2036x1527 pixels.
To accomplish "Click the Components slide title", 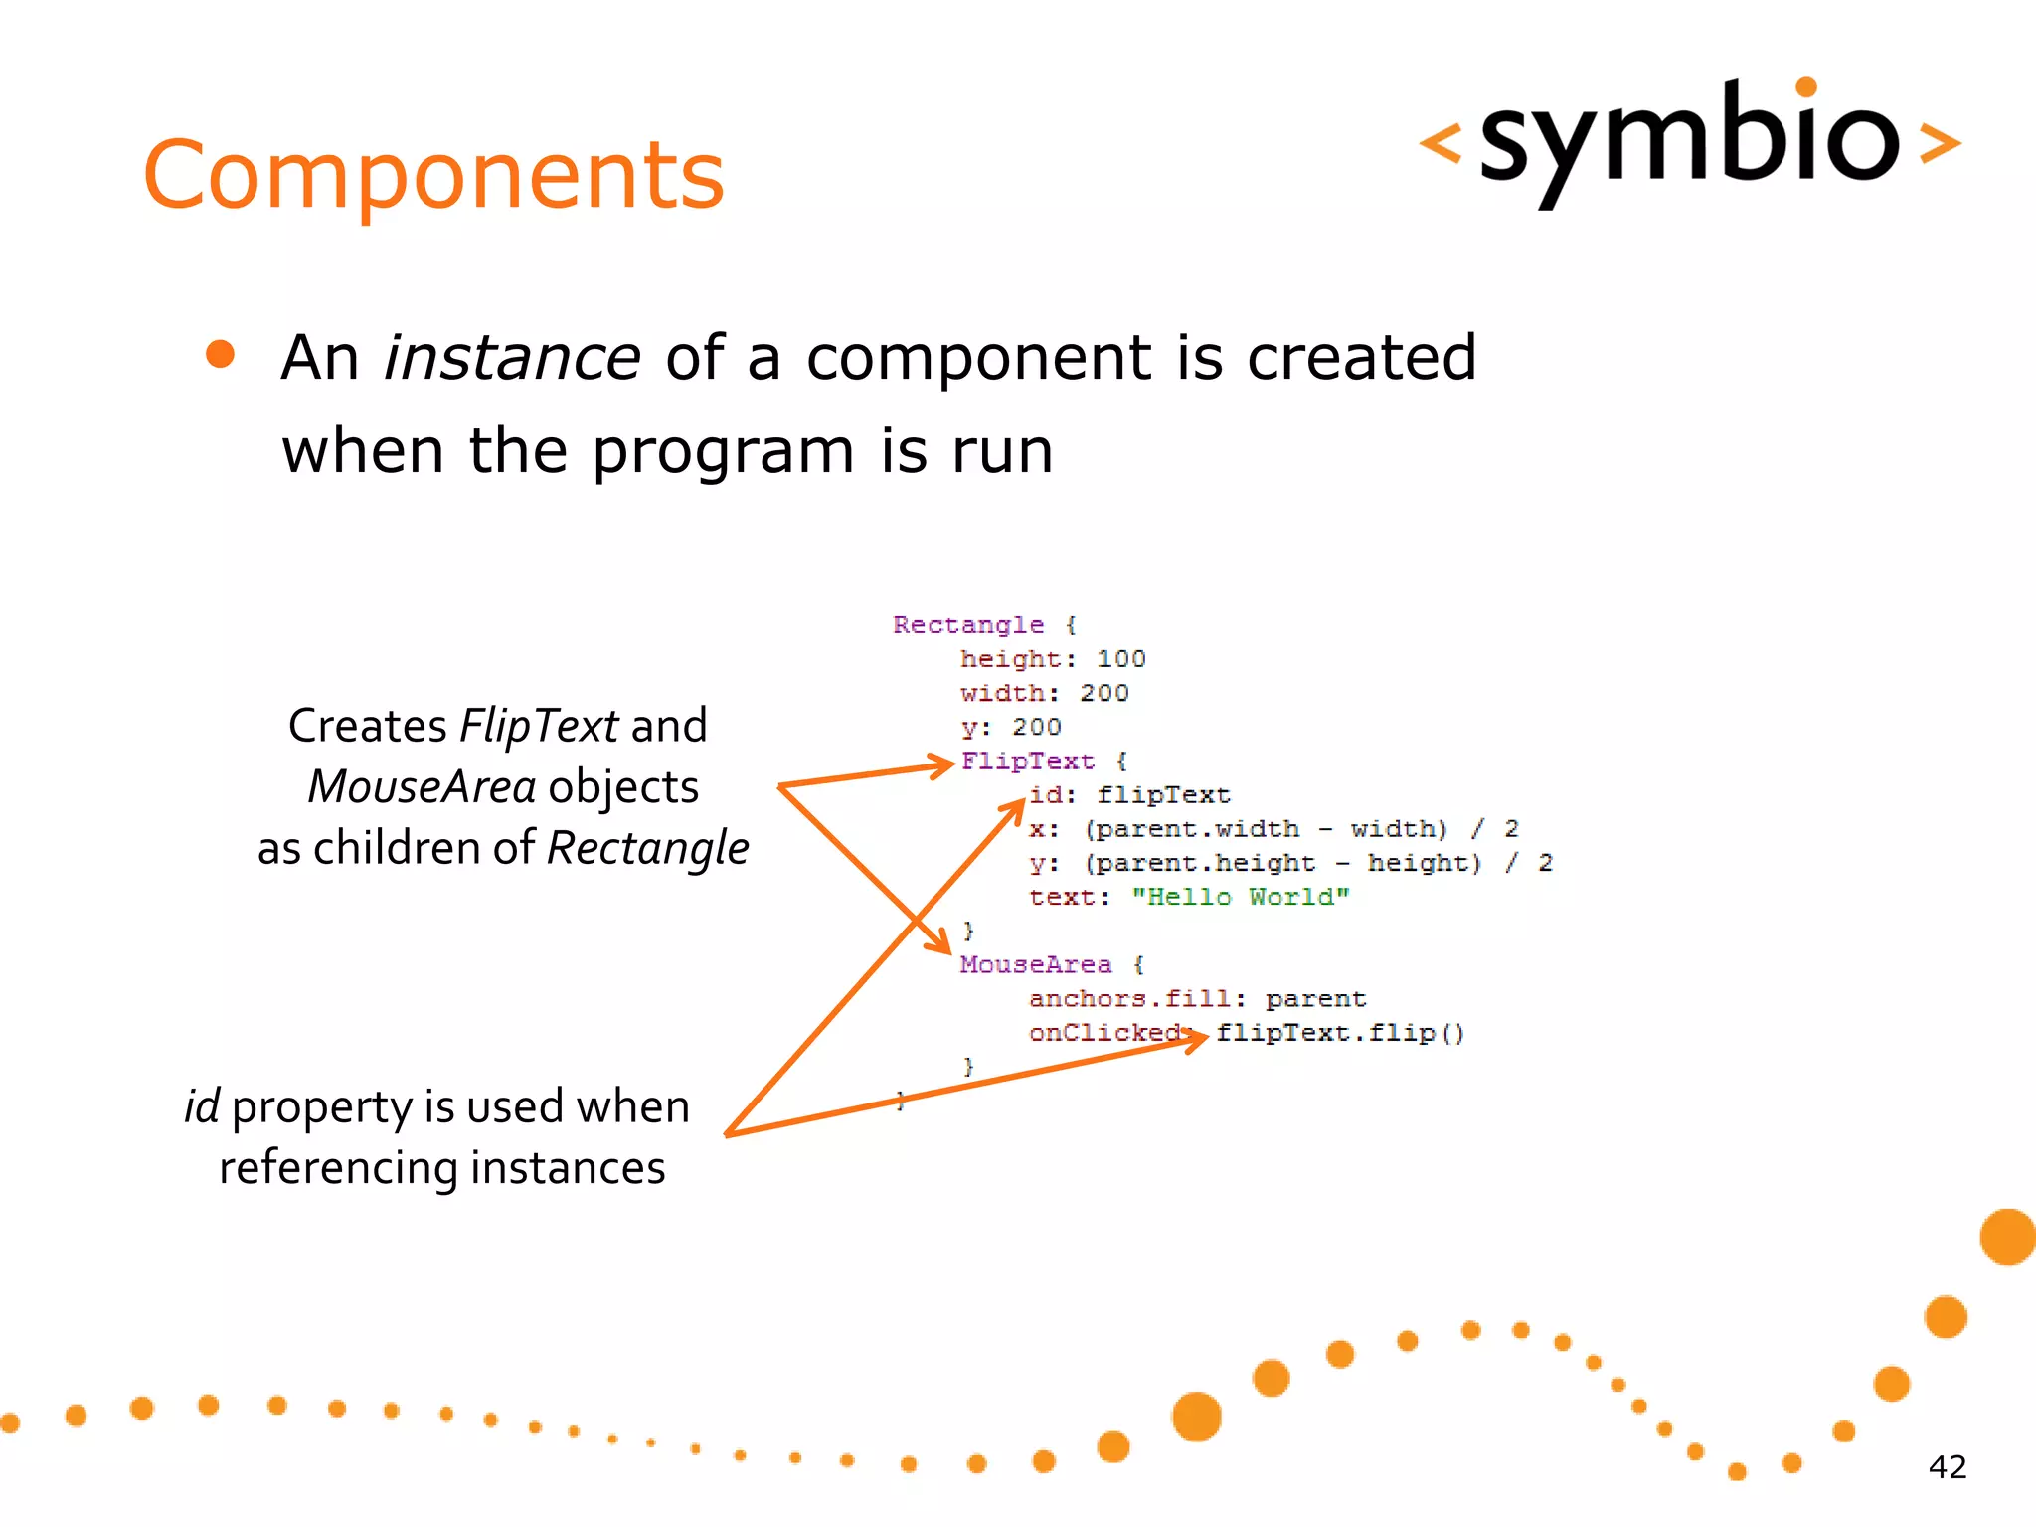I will click(433, 176).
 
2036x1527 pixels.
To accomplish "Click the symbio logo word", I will click(1688, 139).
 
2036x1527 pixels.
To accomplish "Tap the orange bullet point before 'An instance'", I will click(220, 355).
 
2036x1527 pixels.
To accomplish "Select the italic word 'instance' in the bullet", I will click(512, 358).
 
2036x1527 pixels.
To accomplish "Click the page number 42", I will click(1947, 1467).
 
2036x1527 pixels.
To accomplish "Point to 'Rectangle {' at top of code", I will click(983, 625).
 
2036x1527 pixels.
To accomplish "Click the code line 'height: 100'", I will click(1052, 659).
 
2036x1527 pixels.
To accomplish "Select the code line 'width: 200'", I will click(1044, 693).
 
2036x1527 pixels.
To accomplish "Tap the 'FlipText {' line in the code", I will click(1043, 762).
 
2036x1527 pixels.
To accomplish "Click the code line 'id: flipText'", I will click(1128, 795).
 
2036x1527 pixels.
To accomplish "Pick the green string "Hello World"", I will click(1240, 897).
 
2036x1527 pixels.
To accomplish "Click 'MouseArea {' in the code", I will click(1051, 964).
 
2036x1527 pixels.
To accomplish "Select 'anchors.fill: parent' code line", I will click(1196, 999).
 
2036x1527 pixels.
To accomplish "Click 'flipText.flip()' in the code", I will click(1339, 1033).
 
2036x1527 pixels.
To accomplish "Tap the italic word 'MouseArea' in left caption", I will click(422, 787).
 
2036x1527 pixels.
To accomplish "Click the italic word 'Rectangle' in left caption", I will click(647, 849).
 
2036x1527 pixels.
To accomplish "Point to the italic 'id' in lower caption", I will click(202, 1106).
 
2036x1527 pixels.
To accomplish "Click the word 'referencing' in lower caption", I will click(338, 1168).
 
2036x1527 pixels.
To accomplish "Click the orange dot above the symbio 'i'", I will click(1806, 86).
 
